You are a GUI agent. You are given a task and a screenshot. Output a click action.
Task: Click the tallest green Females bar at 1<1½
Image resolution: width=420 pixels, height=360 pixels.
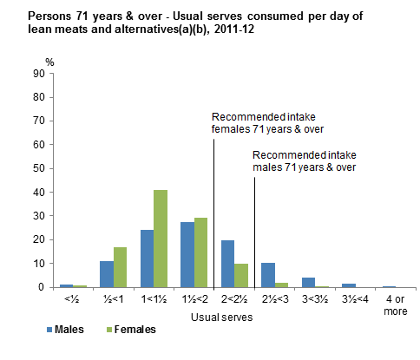point(160,239)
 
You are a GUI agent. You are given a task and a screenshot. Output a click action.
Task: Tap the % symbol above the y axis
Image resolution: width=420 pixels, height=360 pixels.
point(49,61)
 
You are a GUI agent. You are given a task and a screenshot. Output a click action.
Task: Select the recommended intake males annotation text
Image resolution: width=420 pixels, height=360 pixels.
point(304,160)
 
